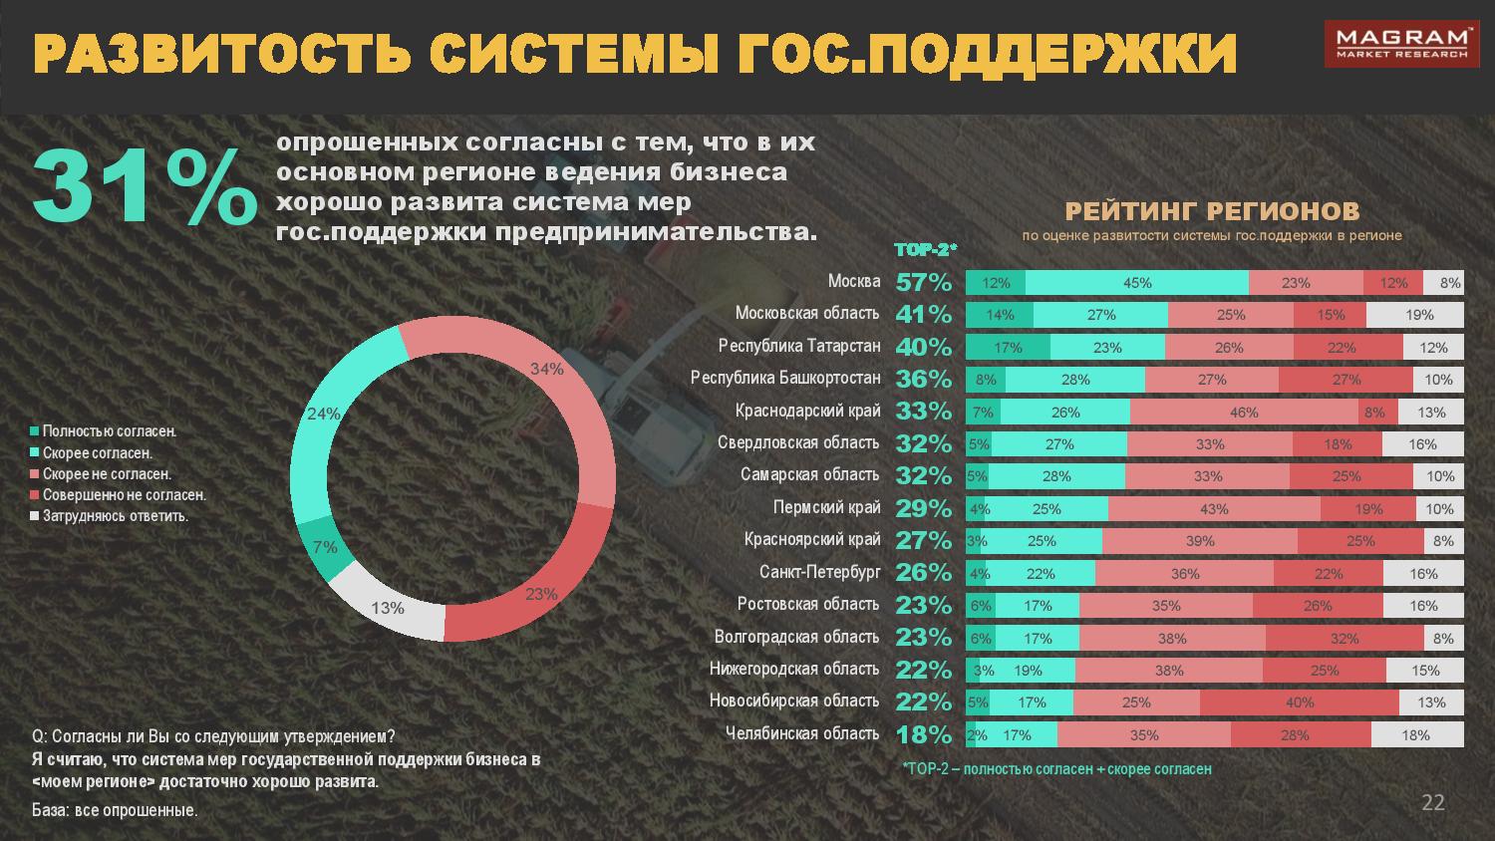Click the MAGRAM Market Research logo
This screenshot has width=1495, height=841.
click(1414, 44)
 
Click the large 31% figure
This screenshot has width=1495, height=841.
click(144, 186)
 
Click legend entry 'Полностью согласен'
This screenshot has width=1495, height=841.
click(109, 431)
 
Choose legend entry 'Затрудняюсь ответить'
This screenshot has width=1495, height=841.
click(115, 516)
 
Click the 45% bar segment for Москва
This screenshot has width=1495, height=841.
click(1136, 283)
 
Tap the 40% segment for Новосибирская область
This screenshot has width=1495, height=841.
click(1300, 702)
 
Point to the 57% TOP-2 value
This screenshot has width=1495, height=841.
click(924, 282)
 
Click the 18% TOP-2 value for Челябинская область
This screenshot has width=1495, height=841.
click(924, 734)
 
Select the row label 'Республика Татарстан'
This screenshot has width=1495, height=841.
click(799, 346)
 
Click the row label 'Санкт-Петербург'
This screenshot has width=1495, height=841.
click(819, 572)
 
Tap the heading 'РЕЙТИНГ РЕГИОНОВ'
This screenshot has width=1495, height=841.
click(1212, 211)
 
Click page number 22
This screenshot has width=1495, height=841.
click(1432, 803)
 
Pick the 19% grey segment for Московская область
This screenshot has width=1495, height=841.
click(1419, 315)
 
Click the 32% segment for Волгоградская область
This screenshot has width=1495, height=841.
click(1345, 639)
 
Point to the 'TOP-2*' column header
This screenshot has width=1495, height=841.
click(925, 250)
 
